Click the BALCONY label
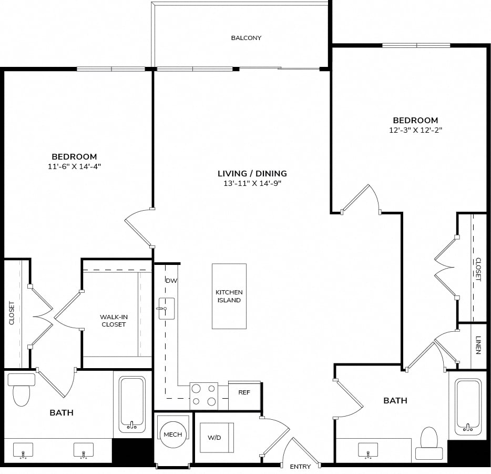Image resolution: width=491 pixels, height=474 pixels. click(x=246, y=38)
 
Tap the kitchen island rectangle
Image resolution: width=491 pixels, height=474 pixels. click(x=229, y=296)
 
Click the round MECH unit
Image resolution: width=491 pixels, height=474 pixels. click(x=173, y=434)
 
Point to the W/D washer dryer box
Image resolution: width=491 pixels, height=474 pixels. click(x=217, y=438)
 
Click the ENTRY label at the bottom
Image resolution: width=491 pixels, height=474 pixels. click(x=300, y=467)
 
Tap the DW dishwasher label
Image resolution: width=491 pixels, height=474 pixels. click(x=171, y=281)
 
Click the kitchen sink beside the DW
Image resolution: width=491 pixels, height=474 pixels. click(x=166, y=309)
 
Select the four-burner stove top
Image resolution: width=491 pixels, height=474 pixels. click(x=204, y=396)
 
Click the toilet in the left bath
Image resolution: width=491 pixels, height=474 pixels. click(x=22, y=390)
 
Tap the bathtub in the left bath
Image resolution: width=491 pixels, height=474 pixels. click(x=132, y=404)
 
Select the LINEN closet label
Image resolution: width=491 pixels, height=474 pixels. click(x=478, y=345)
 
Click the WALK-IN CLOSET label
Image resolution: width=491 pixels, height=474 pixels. click(x=114, y=321)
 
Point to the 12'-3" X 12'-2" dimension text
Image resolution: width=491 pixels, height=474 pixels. click(x=415, y=130)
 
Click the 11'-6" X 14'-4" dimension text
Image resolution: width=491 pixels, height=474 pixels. click(x=74, y=166)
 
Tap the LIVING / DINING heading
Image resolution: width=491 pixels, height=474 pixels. click(x=252, y=173)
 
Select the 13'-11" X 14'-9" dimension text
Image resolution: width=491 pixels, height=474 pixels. click(x=252, y=183)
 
